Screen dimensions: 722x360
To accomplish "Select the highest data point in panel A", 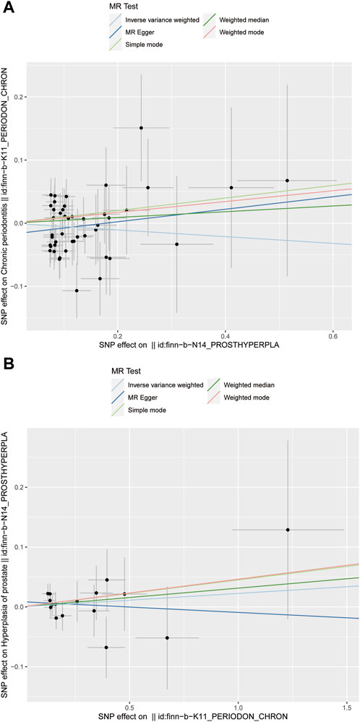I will (141, 128).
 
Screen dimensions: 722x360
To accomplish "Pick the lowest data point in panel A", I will (77, 291).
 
